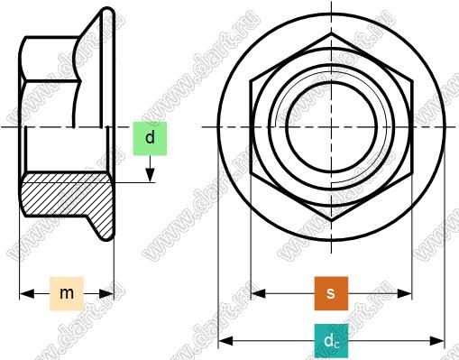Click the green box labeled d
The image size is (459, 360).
click(x=150, y=138)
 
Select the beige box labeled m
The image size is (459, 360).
click(x=67, y=293)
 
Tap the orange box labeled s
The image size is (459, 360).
click(x=331, y=293)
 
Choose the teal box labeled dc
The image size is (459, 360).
click(x=331, y=341)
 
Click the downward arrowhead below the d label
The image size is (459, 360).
click(x=150, y=175)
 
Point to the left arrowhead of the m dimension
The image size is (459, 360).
click(x=26, y=293)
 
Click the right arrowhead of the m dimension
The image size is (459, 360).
click(x=106, y=293)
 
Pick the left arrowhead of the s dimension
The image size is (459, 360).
click(x=258, y=293)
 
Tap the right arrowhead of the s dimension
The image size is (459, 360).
click(x=404, y=293)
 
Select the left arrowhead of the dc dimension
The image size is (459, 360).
click(x=225, y=341)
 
